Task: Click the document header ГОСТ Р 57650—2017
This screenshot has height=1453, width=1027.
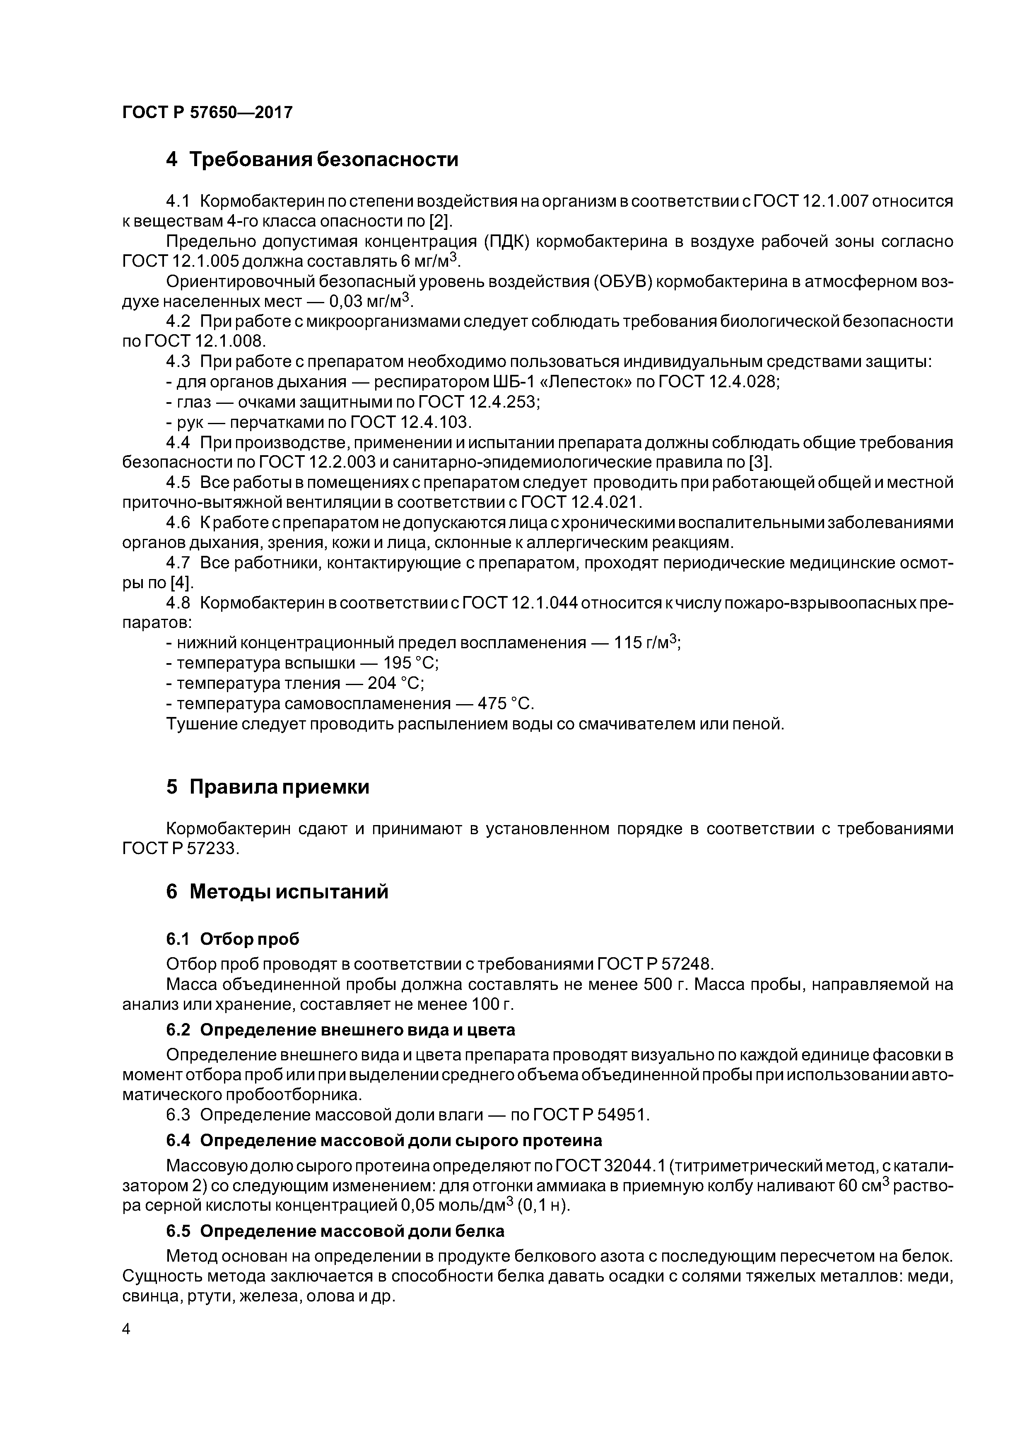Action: click(207, 113)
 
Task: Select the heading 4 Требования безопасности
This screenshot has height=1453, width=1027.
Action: click(311, 159)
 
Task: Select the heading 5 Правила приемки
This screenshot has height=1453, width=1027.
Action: click(268, 787)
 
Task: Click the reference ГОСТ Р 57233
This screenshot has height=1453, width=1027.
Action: click(180, 849)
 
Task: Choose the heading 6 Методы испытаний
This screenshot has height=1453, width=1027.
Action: click(277, 892)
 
